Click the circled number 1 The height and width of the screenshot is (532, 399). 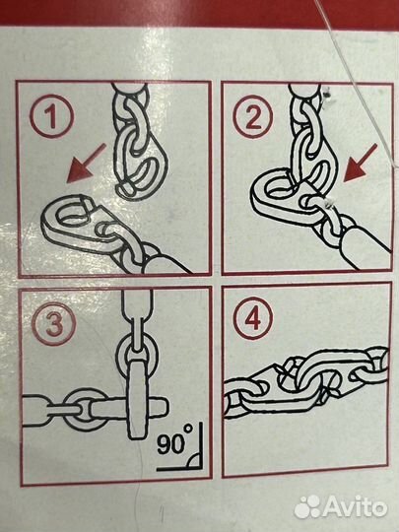pyautogui.click(x=51, y=116)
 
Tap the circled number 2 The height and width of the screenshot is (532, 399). pyautogui.click(x=253, y=116)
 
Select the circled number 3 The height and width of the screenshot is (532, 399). pyautogui.click(x=53, y=324)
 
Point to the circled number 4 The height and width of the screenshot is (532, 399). pyautogui.click(x=253, y=318)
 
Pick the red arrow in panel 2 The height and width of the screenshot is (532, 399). pyautogui.click(x=361, y=163)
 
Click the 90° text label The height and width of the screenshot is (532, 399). pyautogui.click(x=174, y=440)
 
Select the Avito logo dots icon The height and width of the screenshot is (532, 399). pyautogui.click(x=307, y=507)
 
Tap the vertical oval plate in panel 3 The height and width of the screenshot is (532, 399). pyautogui.click(x=138, y=399)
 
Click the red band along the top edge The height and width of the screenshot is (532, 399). pyautogui.click(x=199, y=12)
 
